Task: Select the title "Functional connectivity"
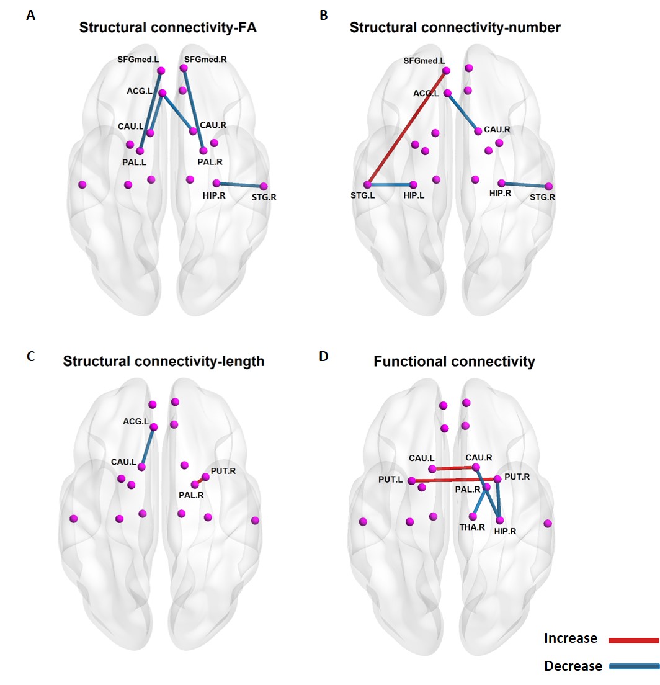coord(454,361)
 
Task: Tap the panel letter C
coord(30,357)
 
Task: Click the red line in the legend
coord(633,640)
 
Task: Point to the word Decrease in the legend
coord(573,666)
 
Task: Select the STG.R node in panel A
coord(264,186)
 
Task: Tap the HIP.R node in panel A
coord(216,183)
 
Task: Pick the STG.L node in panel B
coord(367,184)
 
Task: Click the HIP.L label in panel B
coord(414,196)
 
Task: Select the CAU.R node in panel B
coord(478,131)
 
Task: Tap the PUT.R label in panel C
coord(223,471)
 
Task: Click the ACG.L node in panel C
coord(154,427)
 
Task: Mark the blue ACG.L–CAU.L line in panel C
coord(148,447)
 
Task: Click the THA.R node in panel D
coord(473,516)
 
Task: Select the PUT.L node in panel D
coord(411,481)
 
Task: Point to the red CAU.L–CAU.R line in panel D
coord(453,468)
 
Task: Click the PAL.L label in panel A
coord(134,162)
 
